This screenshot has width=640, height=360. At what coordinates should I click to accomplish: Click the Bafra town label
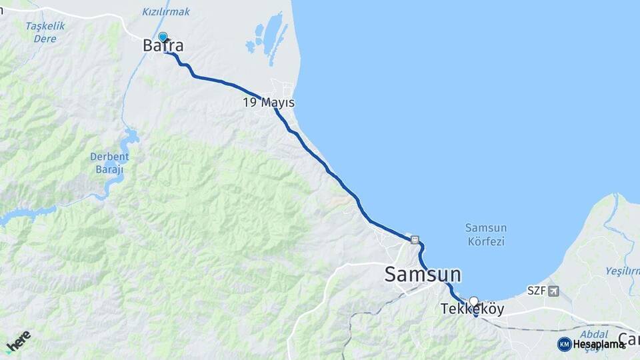pyautogui.click(x=163, y=46)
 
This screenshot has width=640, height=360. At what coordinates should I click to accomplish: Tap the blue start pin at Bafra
pyautogui.click(x=163, y=37)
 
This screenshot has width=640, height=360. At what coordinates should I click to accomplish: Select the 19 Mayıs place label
pyautogui.click(x=269, y=103)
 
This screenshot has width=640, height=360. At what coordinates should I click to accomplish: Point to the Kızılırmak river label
pyautogui.click(x=166, y=11)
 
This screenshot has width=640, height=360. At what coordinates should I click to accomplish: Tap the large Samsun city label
pyautogui.click(x=423, y=274)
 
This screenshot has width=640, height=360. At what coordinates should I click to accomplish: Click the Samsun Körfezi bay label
pyautogui.click(x=485, y=235)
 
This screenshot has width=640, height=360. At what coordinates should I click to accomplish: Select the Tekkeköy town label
pyautogui.click(x=472, y=310)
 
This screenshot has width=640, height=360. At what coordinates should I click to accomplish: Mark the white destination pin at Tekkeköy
pyautogui.click(x=473, y=301)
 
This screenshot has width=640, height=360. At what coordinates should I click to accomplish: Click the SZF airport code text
pyautogui.click(x=535, y=291)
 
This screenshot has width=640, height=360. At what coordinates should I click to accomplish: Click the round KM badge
pyautogui.click(x=564, y=344)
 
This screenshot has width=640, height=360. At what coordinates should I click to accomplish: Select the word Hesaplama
pyautogui.click(x=598, y=344)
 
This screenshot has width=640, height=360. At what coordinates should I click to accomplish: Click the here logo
pyautogui.click(x=18, y=341)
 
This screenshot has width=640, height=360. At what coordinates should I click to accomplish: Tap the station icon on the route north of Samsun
pyautogui.click(x=415, y=239)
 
